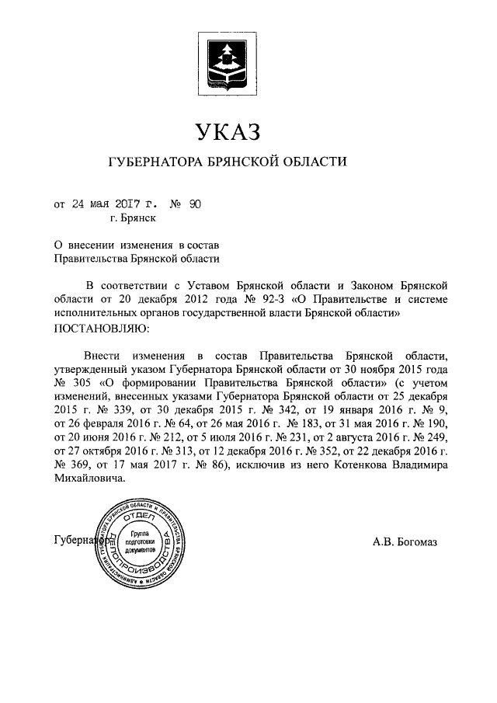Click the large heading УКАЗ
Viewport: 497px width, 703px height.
point(228,131)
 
